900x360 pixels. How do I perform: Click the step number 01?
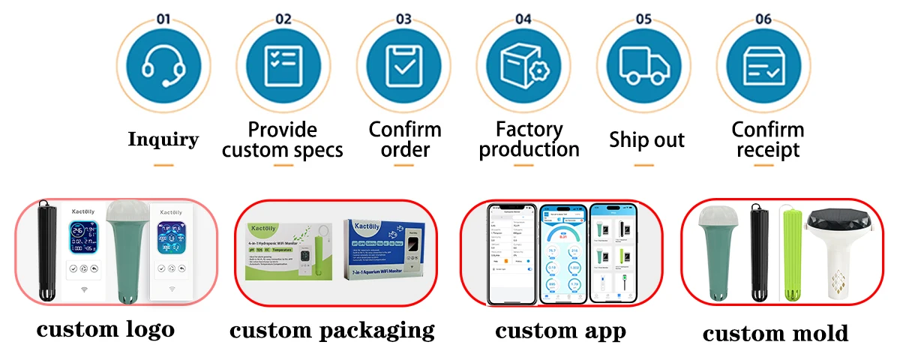[x=163, y=19]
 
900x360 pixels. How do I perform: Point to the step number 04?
[x=523, y=19]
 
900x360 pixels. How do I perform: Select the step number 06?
[x=763, y=19]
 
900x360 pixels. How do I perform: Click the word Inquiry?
[x=163, y=139]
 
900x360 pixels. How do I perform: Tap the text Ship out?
[x=646, y=139]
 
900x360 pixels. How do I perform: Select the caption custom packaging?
[x=332, y=329]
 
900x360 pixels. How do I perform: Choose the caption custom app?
[x=560, y=330]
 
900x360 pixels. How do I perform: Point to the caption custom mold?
[x=775, y=333]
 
